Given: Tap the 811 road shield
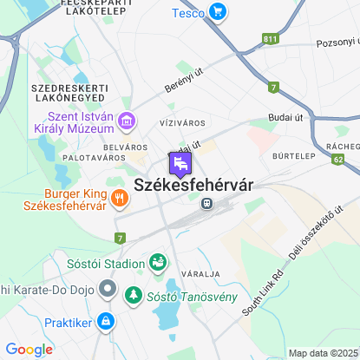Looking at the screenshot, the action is tap(272, 39).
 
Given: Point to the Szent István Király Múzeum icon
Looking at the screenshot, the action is tap(127, 120).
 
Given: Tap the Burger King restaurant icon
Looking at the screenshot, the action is tap(119, 199).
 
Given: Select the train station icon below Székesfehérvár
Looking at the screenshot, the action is tap(206, 204).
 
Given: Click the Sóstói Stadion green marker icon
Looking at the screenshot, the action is tap(158, 260).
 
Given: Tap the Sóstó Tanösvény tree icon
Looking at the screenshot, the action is tap(134, 297).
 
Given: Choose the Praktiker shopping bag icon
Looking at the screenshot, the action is tap(105, 321).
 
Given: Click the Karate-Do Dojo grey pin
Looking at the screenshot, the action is tap(108, 287).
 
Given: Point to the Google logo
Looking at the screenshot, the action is tap(29, 350).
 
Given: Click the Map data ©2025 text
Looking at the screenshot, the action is tap(322, 353).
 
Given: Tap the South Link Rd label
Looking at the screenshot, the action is tap(264, 290).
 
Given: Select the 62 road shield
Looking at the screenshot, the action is tap(337, 160).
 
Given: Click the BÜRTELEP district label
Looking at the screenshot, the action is tap(292, 159).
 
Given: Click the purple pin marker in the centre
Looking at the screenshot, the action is tap(180, 164).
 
